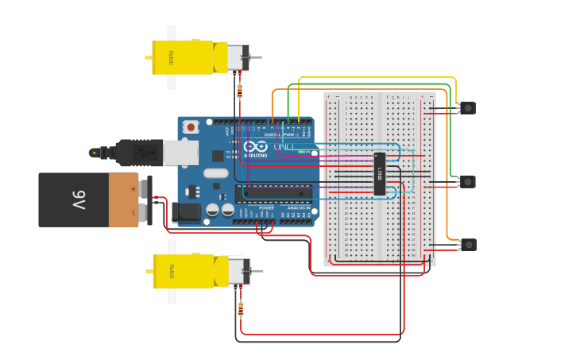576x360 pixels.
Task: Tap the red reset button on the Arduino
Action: (191, 126)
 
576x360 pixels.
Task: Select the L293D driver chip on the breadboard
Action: (380, 173)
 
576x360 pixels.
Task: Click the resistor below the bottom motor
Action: (241, 309)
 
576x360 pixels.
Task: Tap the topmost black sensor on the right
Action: (468, 107)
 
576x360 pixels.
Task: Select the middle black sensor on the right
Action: (468, 182)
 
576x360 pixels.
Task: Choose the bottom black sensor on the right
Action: (468, 245)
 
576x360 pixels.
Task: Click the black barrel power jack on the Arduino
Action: (187, 211)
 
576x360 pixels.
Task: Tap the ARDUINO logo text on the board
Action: (255, 155)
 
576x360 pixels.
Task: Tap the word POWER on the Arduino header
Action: (265, 208)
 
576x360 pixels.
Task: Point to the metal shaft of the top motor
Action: (255, 57)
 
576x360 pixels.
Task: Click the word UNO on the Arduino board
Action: (284, 147)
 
